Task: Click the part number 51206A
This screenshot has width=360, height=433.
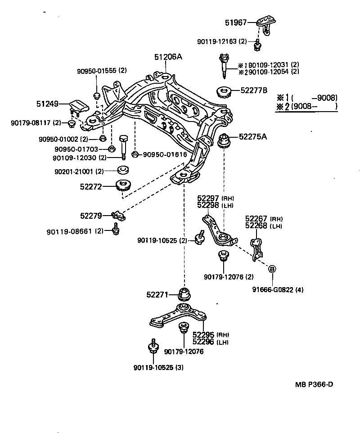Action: click(168, 57)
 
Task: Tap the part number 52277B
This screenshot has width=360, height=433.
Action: click(253, 90)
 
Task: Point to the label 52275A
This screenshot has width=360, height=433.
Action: click(252, 136)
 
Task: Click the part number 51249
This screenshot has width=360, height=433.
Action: click(47, 104)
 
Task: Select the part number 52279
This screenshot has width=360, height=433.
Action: click(92, 216)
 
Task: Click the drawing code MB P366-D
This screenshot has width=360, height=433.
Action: click(314, 384)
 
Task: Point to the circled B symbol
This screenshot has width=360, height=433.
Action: click(272, 269)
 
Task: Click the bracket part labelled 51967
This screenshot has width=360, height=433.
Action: click(266, 23)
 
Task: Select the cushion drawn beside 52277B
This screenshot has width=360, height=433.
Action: click(224, 92)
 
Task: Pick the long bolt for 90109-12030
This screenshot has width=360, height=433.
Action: click(124, 145)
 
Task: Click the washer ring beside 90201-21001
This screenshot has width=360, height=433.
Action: click(123, 170)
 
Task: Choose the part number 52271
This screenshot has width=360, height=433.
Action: click(157, 295)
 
